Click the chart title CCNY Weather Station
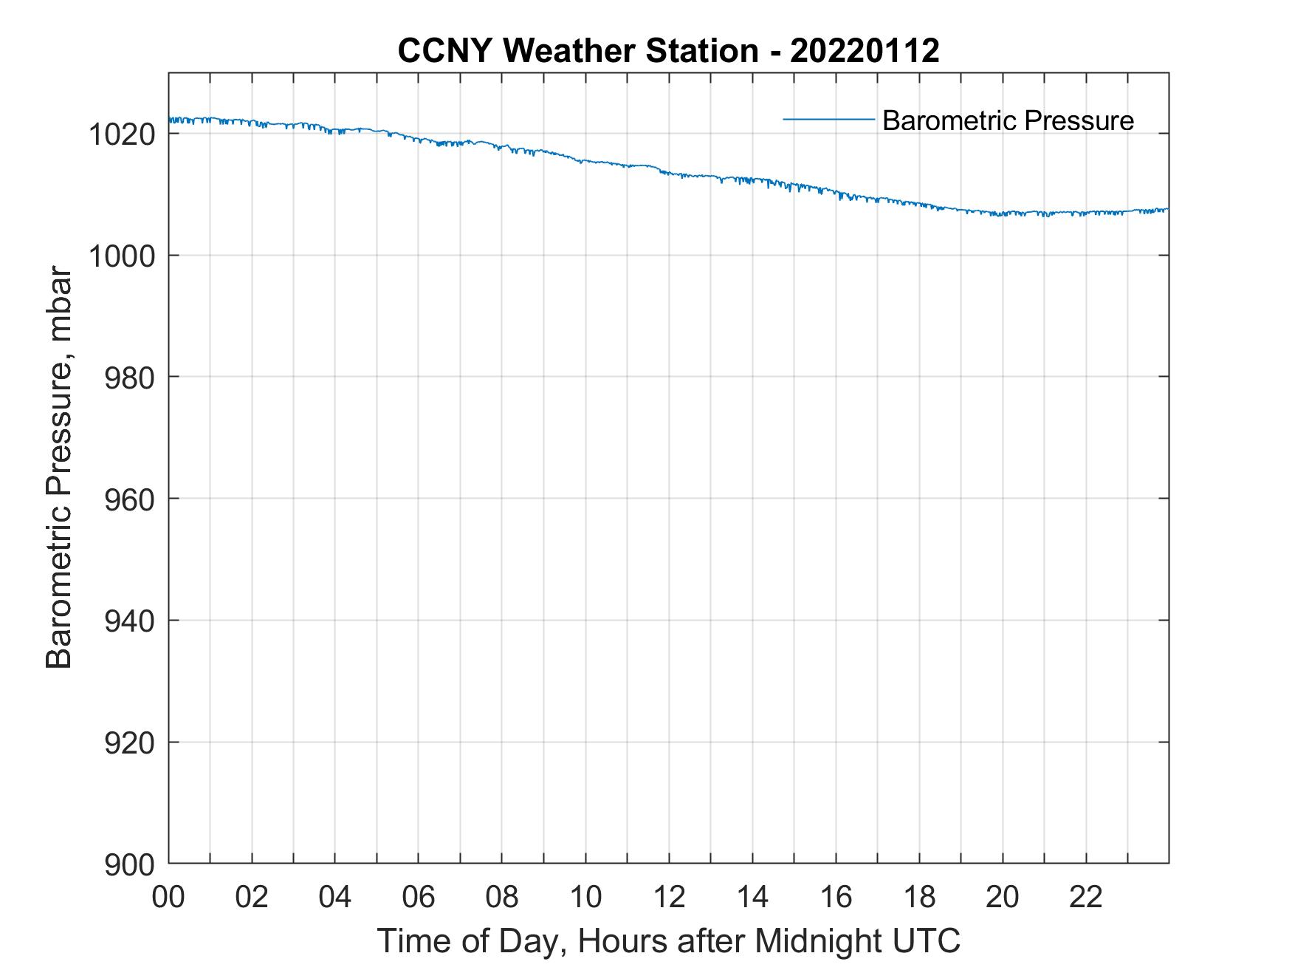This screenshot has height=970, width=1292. point(577,51)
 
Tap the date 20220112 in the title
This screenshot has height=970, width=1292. point(865,51)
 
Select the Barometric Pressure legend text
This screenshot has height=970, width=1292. point(1008,120)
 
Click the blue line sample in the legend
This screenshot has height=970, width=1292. point(828,119)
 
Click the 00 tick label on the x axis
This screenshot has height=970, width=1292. point(168,897)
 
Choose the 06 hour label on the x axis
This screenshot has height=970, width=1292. point(419,897)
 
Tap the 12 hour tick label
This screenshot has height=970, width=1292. point(669,897)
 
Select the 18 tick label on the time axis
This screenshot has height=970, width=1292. point(919,897)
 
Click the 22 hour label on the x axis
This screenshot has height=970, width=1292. point(1086,897)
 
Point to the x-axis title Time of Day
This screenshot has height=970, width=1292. point(668,941)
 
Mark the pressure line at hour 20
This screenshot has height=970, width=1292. point(1003,214)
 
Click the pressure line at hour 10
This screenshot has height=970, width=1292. point(585,160)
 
